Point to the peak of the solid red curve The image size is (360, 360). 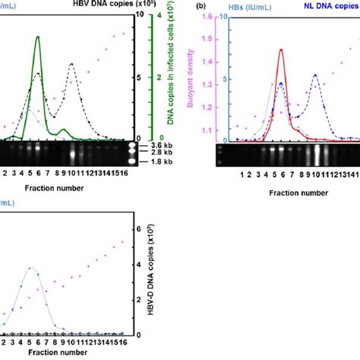pos(281,50)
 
